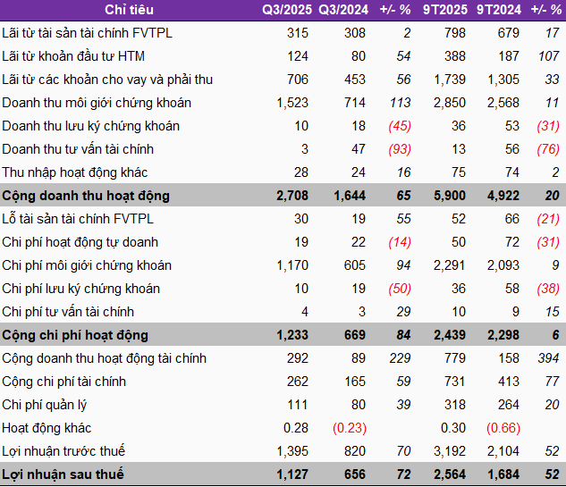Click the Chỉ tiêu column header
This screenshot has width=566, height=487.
(129, 10)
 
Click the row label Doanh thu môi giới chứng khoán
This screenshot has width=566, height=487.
(97, 103)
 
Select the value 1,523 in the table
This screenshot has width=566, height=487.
(292, 103)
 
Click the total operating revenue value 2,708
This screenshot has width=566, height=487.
(291, 196)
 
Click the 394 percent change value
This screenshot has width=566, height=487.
(548, 358)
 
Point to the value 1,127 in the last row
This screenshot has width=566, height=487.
(291, 474)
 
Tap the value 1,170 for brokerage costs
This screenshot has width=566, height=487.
(292, 265)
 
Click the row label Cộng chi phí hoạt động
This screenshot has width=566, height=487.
(75, 335)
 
